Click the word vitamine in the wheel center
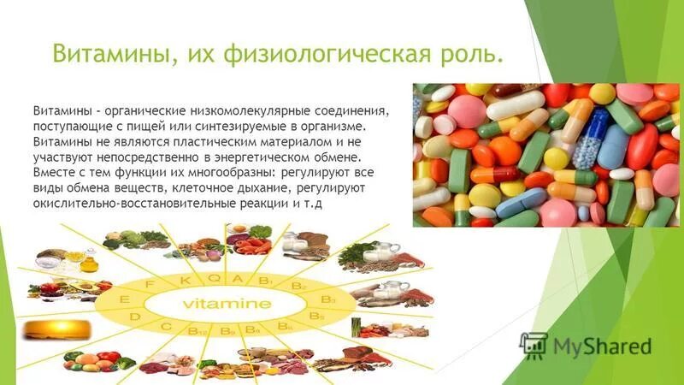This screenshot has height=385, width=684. pyautogui.click(x=226, y=304)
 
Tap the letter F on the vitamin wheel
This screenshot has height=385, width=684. pyautogui.click(x=150, y=282)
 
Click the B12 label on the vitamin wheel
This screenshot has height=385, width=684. pyautogui.click(x=196, y=329)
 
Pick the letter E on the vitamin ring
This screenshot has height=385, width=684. pyautogui.click(x=126, y=299)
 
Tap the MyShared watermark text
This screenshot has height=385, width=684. pyautogui.click(x=602, y=346)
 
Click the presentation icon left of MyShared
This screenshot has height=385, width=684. pyautogui.click(x=534, y=345)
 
